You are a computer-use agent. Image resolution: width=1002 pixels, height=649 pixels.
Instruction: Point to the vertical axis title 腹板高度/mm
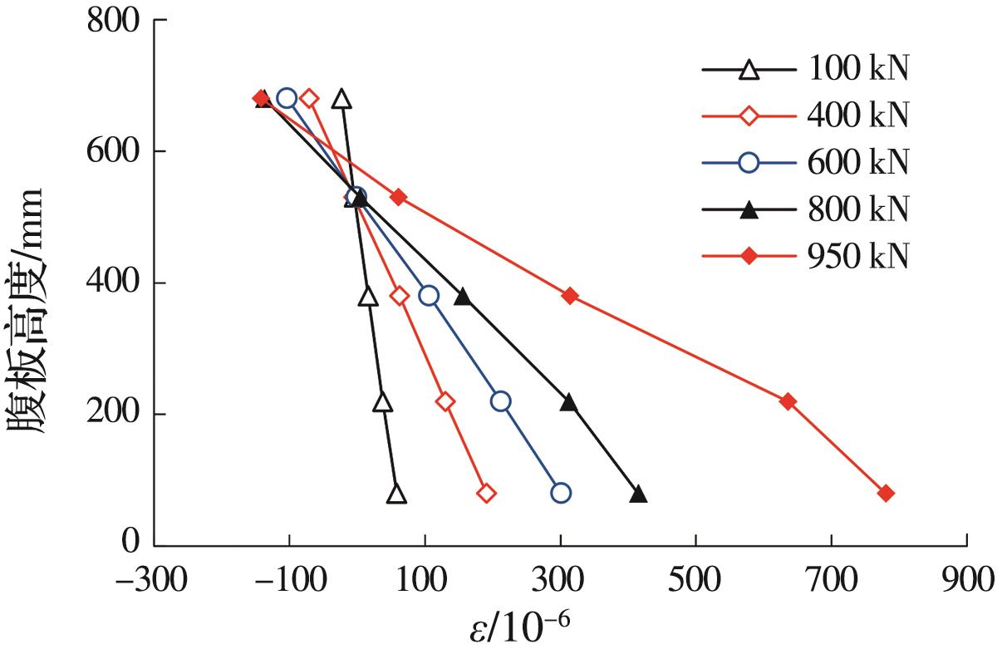[x=27, y=308]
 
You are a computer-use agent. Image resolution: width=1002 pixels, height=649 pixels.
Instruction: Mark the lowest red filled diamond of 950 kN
[x=886, y=494]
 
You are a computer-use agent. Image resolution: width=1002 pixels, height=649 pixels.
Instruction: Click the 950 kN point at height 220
[x=788, y=401]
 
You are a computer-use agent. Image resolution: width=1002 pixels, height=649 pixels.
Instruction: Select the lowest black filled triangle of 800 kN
[x=638, y=494]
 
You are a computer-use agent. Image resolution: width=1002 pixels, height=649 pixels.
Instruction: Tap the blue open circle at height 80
[x=561, y=493]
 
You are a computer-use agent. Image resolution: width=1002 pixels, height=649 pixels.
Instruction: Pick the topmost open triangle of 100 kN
[x=341, y=100]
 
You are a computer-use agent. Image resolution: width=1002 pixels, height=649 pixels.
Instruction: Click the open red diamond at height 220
[x=445, y=401]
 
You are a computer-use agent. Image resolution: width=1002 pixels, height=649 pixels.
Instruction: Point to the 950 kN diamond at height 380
[x=570, y=296]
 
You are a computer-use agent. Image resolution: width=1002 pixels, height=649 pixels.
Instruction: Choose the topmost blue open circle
[x=287, y=98]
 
